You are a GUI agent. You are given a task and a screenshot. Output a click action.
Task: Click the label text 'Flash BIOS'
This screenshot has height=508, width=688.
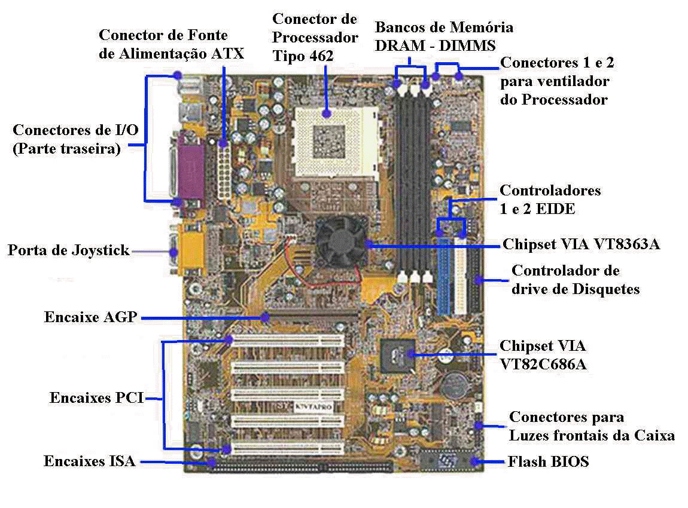(x=548, y=461)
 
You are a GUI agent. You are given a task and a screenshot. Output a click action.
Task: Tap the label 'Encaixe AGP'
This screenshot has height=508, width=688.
(x=91, y=317)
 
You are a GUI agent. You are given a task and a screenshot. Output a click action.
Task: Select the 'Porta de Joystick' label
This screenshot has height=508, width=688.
(x=68, y=250)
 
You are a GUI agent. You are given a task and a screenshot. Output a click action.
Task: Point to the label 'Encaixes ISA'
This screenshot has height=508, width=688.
(x=90, y=461)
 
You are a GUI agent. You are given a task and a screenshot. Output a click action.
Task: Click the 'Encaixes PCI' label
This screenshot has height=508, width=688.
(x=96, y=397)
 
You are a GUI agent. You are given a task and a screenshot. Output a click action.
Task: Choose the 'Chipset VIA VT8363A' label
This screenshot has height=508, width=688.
(x=582, y=244)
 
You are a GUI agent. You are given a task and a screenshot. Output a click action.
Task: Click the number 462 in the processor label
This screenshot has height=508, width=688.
(x=322, y=56)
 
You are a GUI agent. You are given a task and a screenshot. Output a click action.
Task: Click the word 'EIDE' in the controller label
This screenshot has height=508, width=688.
(x=555, y=209)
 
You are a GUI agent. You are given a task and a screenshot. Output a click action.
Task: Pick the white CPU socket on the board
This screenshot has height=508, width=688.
(x=336, y=141)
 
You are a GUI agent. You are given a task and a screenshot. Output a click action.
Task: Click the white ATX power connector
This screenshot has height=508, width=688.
(x=224, y=171)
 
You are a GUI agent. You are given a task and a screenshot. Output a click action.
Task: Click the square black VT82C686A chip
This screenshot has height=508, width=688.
(x=398, y=356)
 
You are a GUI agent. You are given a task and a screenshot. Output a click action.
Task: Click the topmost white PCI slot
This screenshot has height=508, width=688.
(x=288, y=341)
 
